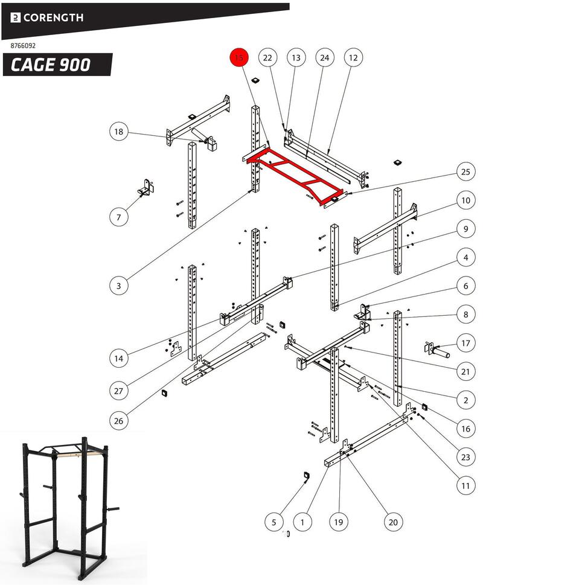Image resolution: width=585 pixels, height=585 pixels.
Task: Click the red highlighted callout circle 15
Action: [239, 58]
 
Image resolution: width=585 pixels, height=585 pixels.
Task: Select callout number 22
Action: [267, 58]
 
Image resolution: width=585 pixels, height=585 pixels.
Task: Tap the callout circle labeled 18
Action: [119, 132]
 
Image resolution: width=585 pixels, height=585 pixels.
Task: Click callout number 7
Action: [119, 217]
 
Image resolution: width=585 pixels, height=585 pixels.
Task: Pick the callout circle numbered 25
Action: [465, 172]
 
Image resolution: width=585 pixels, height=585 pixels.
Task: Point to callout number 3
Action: [119, 286]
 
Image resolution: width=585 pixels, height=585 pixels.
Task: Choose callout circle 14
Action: [119, 359]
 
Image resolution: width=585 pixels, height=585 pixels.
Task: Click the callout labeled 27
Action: [119, 391]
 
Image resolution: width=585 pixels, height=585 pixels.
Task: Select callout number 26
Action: [119, 420]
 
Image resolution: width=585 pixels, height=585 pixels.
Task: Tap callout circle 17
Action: [465, 343]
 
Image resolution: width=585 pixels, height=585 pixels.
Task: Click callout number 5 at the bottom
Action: [274, 522]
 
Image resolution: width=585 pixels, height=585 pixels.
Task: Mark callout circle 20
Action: [393, 522]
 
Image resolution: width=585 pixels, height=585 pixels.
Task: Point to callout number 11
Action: [465, 485]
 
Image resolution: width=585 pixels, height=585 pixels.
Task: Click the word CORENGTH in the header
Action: [53, 18]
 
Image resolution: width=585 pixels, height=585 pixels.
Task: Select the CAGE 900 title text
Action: [51, 65]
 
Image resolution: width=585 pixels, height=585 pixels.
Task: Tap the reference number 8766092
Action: [24, 45]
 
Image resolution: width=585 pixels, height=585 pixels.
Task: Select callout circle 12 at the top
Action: [353, 58]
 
